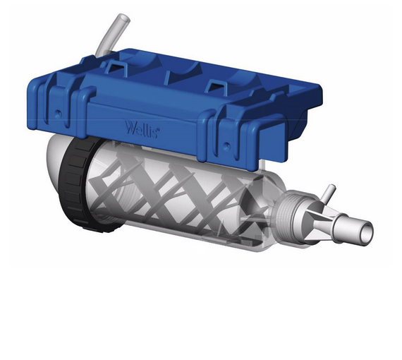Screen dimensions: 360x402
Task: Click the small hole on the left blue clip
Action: pos(56,113)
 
